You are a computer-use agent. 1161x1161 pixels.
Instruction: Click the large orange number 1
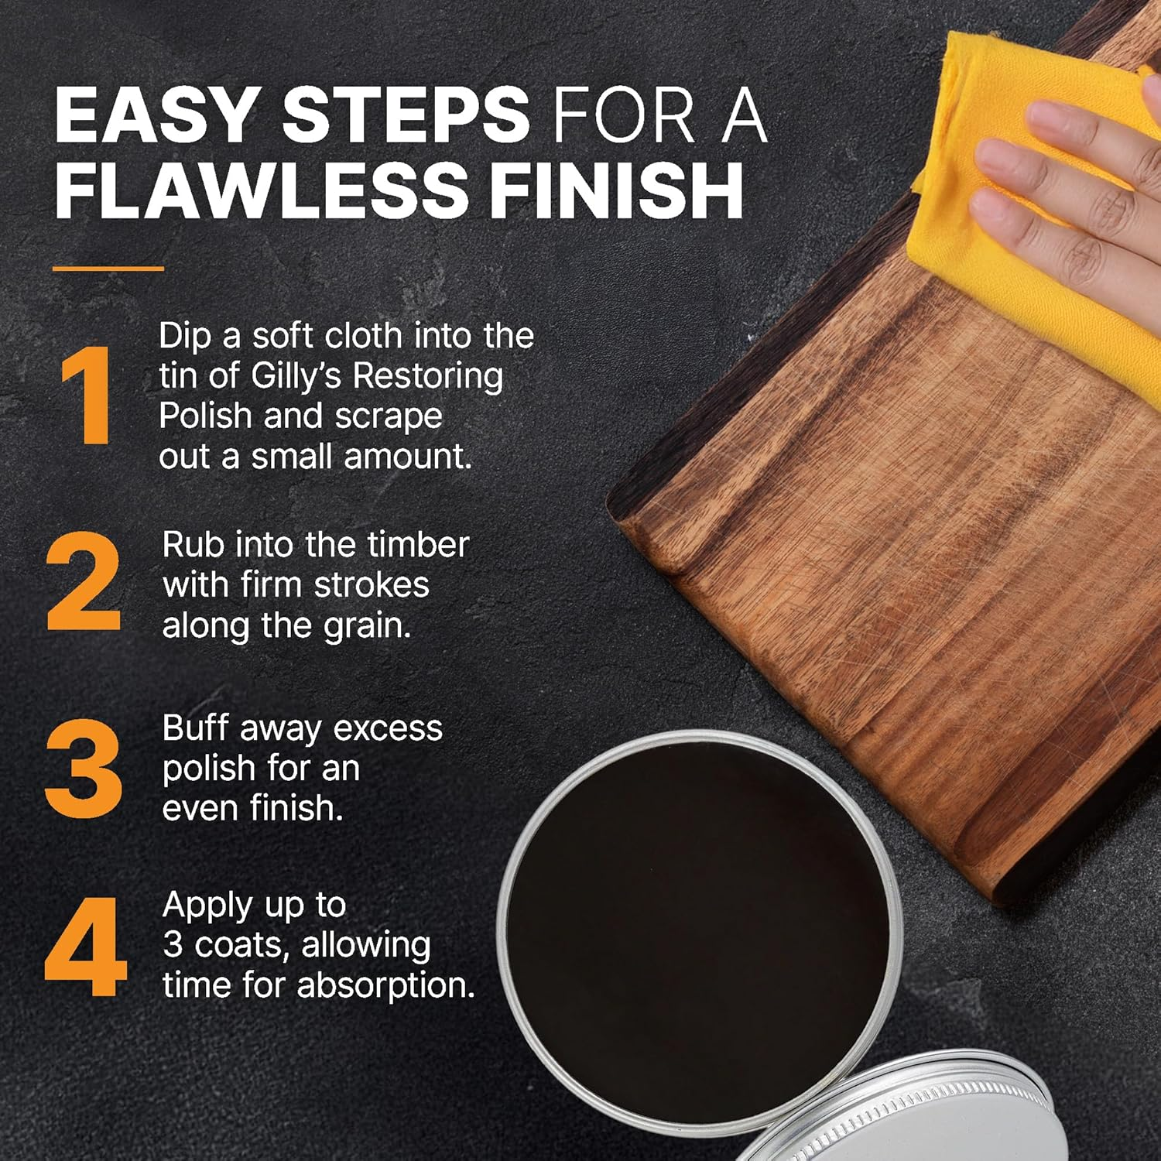click(85, 396)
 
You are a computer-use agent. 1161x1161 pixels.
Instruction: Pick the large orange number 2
click(84, 582)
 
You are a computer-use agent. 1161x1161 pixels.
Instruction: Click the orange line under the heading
click(108, 269)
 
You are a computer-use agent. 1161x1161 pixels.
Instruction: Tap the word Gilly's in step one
click(298, 377)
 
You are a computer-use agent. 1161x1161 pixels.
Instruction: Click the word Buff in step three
click(194, 728)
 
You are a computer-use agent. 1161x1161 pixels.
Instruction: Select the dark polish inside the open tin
click(697, 929)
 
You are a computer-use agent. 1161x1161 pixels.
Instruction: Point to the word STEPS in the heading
click(406, 116)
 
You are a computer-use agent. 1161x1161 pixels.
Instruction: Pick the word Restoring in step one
click(427, 377)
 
